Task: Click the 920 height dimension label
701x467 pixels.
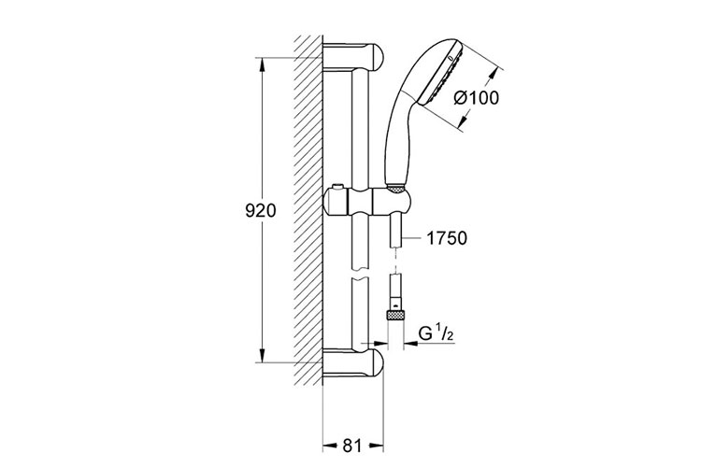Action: click(255, 212)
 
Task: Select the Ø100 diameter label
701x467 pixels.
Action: click(475, 97)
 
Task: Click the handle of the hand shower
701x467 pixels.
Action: click(396, 140)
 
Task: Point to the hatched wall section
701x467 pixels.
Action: click(307, 205)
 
